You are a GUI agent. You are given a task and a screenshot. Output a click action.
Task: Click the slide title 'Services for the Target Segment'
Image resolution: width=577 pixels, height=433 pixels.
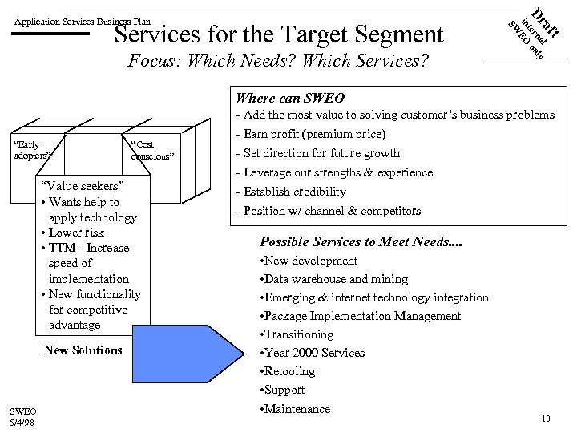pyautogui.click(x=278, y=34)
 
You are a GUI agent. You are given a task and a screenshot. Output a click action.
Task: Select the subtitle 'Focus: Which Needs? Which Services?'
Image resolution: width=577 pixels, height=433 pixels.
pyautogui.click(x=278, y=63)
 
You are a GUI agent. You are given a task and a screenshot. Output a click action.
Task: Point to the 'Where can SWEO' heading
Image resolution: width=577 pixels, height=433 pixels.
pyautogui.click(x=289, y=98)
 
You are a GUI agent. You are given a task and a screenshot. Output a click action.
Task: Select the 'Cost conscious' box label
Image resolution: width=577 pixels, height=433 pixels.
pyautogui.click(x=151, y=150)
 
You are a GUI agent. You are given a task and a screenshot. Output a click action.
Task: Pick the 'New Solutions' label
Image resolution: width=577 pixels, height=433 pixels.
pyautogui.click(x=83, y=350)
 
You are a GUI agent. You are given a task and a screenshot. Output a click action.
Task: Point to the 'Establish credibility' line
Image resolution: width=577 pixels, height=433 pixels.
pyautogui.click(x=290, y=192)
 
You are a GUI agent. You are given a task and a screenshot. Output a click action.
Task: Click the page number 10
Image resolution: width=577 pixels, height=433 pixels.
pyautogui.click(x=545, y=419)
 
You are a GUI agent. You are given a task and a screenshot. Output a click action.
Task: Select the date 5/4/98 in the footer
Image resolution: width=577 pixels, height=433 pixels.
pyautogui.click(x=22, y=422)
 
